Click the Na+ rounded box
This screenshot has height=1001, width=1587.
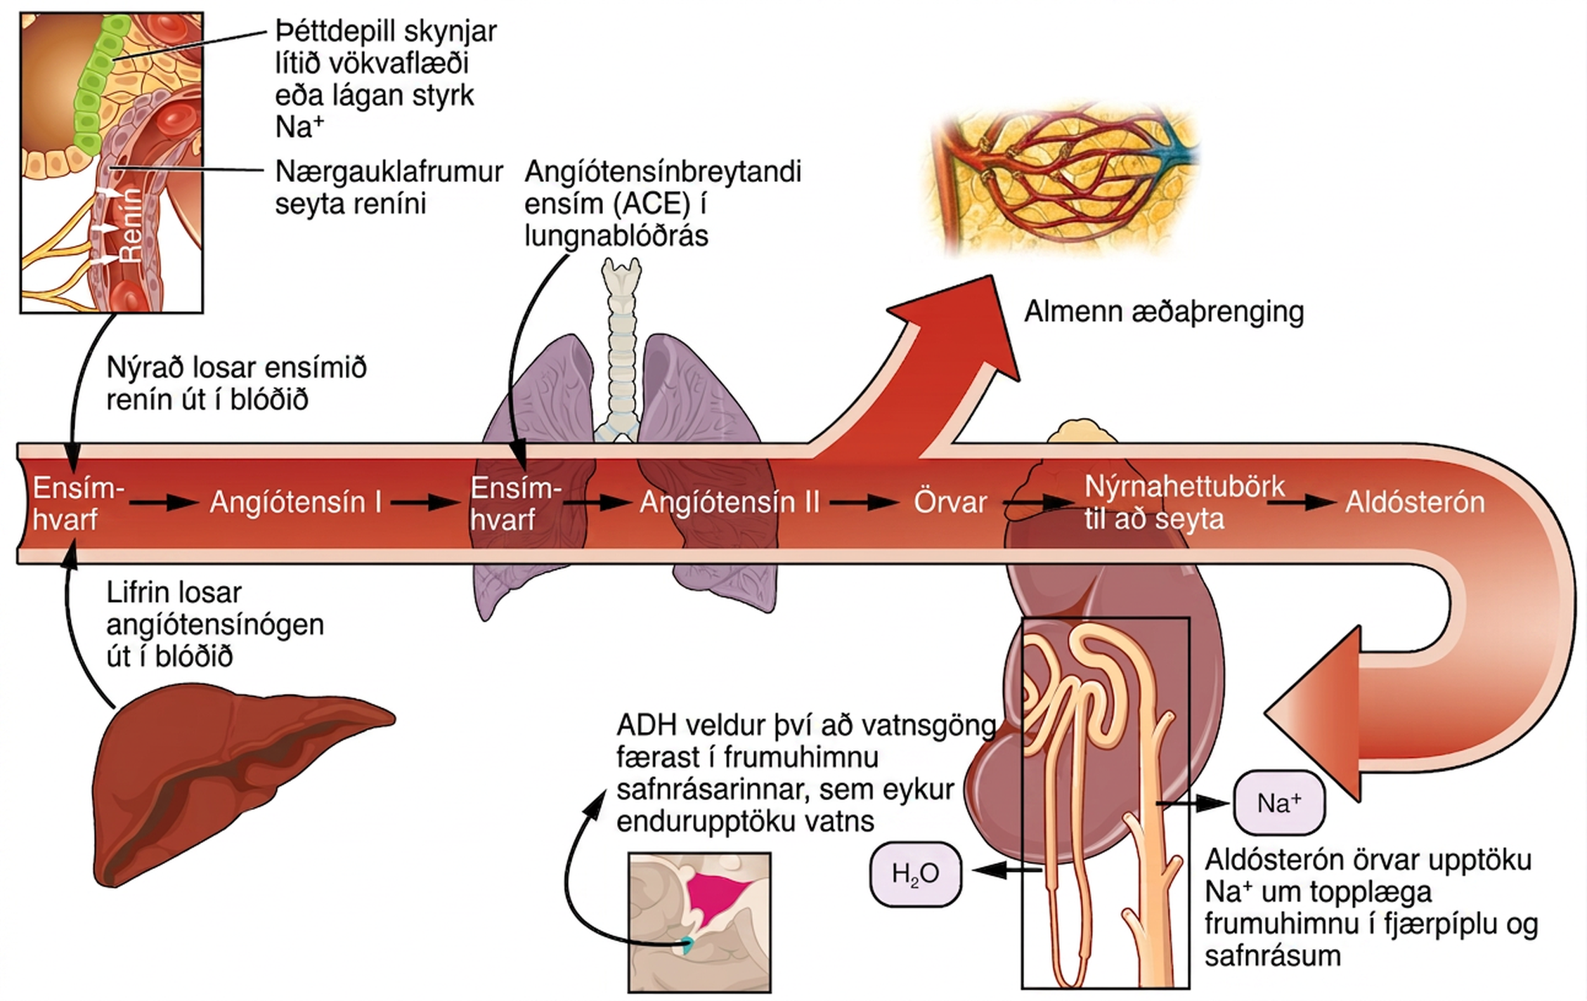[1279, 803]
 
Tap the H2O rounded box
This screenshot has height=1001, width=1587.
[915, 874]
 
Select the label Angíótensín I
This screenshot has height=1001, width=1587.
[296, 502]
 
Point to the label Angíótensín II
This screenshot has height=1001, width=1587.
[730, 502]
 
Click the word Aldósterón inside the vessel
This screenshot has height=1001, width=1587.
[1415, 502]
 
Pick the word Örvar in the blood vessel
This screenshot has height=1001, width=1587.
[950, 502]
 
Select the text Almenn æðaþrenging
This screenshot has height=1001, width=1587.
[1164, 312]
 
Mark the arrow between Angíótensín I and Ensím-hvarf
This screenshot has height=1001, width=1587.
[424, 502]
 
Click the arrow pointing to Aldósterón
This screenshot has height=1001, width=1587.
[1311, 502]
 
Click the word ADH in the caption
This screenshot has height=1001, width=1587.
[646, 725]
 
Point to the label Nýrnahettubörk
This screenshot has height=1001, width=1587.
[1184, 487]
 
